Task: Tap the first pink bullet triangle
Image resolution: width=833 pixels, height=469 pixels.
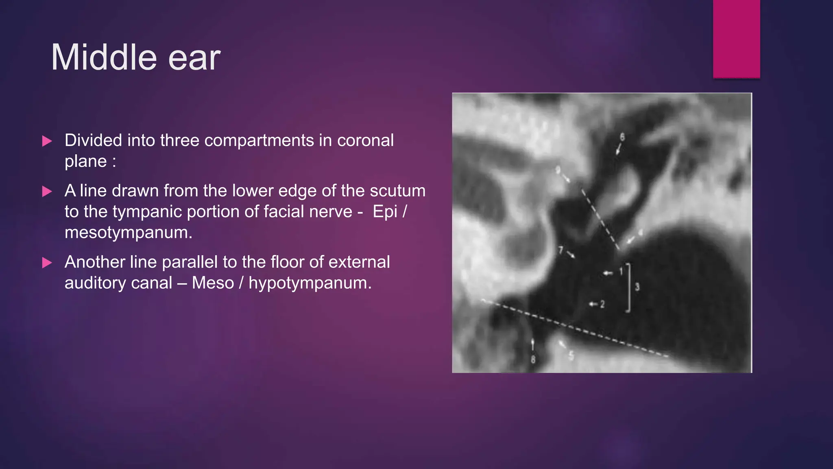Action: point(47,141)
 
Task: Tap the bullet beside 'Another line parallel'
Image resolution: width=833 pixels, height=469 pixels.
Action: point(47,263)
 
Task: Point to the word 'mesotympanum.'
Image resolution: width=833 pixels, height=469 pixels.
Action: point(128,233)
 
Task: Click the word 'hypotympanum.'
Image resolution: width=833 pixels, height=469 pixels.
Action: point(310,283)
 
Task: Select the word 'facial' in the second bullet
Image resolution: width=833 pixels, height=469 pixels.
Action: point(287,212)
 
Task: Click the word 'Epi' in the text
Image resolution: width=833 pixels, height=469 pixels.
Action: point(385,212)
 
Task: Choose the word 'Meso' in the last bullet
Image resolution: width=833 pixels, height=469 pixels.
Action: point(213,283)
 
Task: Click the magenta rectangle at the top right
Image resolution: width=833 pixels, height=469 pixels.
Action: point(736,39)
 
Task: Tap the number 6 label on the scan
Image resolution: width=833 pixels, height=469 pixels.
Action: point(622,137)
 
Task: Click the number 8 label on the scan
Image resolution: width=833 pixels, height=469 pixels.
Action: point(533,359)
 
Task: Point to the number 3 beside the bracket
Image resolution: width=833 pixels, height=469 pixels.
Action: point(637,287)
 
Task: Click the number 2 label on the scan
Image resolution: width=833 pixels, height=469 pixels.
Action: point(602,304)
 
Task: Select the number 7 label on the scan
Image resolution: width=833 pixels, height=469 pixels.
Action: point(560,250)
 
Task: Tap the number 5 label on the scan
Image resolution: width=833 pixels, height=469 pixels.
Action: point(571,355)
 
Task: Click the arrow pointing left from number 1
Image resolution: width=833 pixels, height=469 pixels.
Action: point(608,273)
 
